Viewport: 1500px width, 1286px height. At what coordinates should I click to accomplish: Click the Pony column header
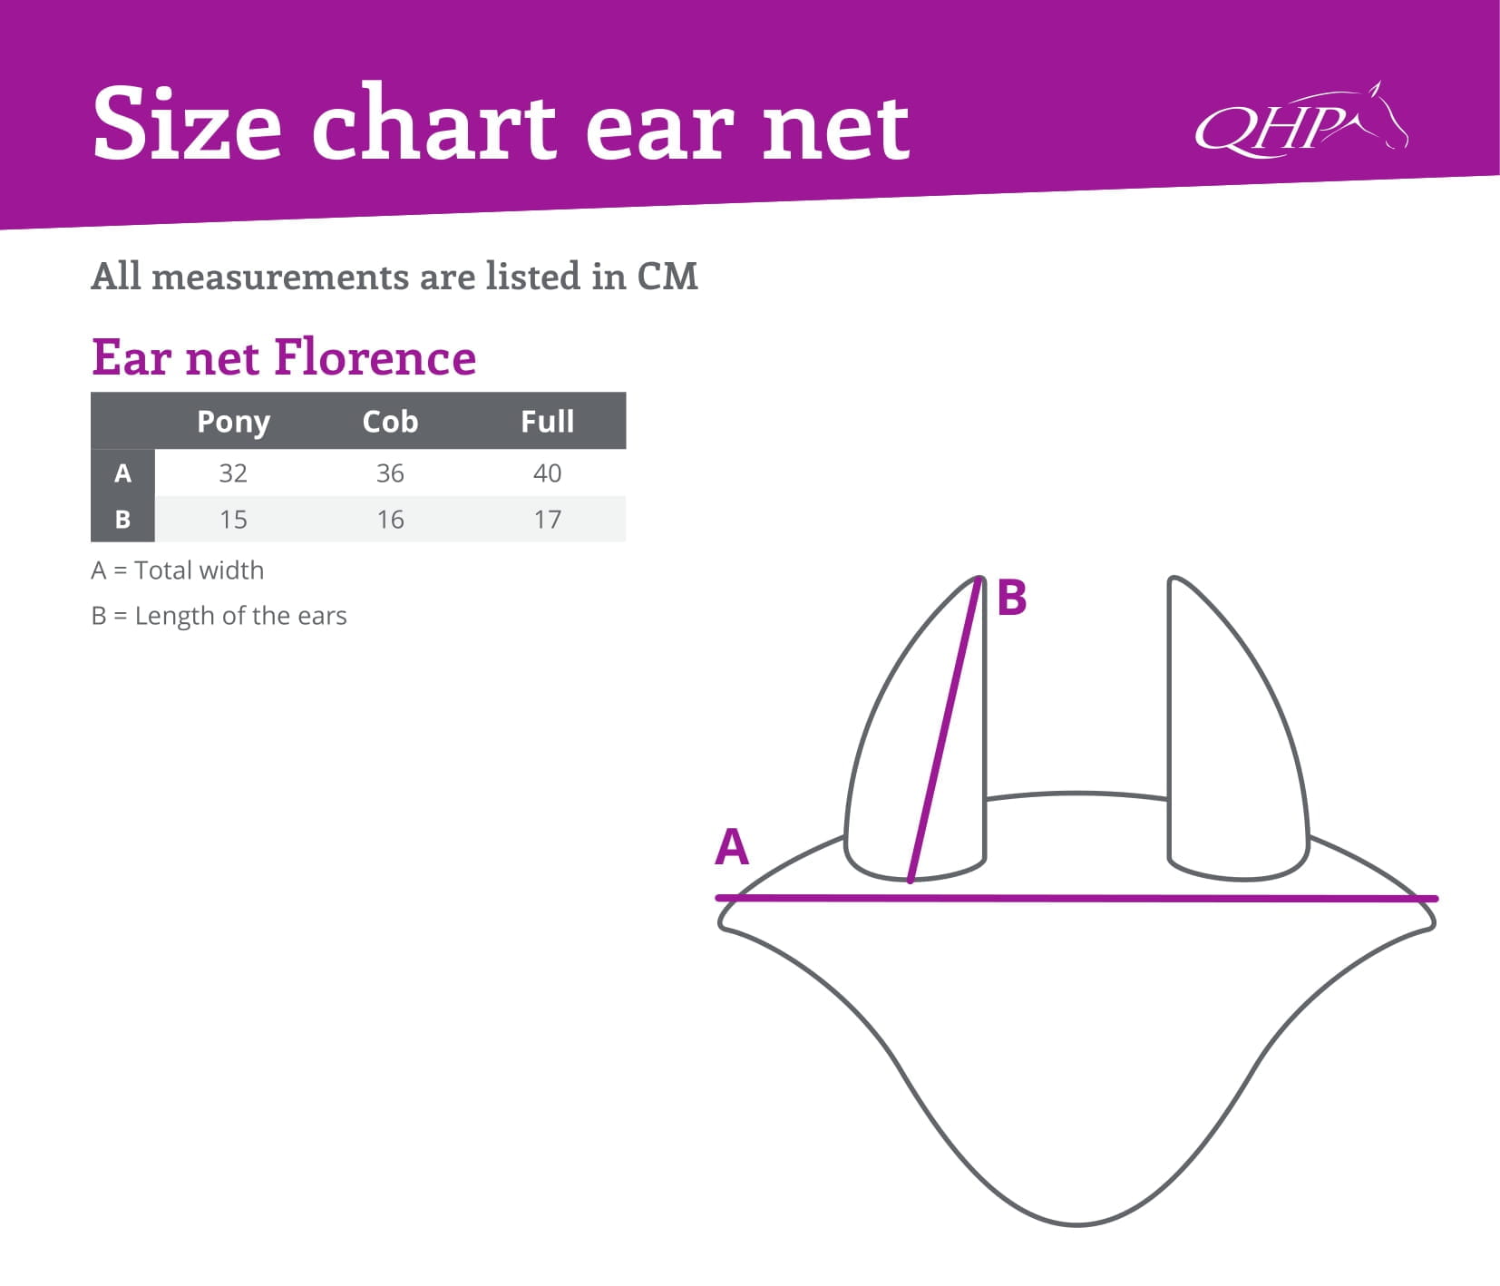pyautogui.click(x=233, y=422)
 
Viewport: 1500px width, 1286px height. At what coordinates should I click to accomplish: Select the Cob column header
pyautogui.click(x=390, y=421)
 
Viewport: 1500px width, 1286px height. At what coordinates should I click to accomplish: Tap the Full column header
pyautogui.click(x=547, y=421)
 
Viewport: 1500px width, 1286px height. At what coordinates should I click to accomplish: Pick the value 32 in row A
pyautogui.click(x=233, y=473)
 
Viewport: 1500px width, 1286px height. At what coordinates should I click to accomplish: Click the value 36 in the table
pyautogui.click(x=390, y=473)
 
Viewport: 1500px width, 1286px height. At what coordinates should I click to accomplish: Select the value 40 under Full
pyautogui.click(x=547, y=473)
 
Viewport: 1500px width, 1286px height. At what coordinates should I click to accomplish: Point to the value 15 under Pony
pyautogui.click(x=233, y=519)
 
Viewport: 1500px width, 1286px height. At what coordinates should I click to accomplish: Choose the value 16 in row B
pyautogui.click(x=390, y=519)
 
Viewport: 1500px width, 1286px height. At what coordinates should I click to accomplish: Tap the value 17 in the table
pyautogui.click(x=547, y=519)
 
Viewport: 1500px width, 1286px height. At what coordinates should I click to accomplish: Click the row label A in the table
pyautogui.click(x=122, y=473)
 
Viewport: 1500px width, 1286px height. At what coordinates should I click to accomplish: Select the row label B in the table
pyautogui.click(x=122, y=519)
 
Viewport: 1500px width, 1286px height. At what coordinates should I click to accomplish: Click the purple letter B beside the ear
pyautogui.click(x=1011, y=598)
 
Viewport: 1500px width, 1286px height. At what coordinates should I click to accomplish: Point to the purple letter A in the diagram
pyautogui.click(x=732, y=847)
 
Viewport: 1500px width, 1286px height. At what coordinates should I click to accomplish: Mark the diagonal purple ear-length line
pyautogui.click(x=945, y=730)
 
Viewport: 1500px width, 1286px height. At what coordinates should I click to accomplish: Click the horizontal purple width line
pyautogui.click(x=1076, y=898)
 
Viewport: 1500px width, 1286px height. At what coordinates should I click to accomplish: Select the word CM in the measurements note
pyautogui.click(x=667, y=276)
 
